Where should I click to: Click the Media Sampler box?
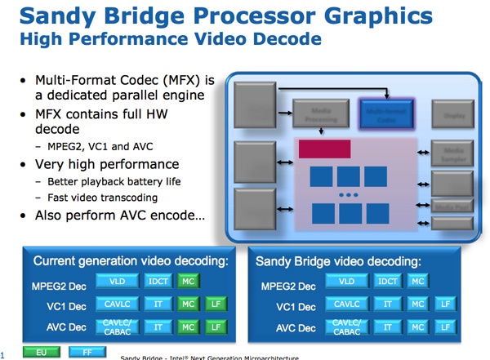452,153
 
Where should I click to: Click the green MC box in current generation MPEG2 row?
189,282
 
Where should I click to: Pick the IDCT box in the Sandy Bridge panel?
389,282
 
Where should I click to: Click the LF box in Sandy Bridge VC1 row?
445,304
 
